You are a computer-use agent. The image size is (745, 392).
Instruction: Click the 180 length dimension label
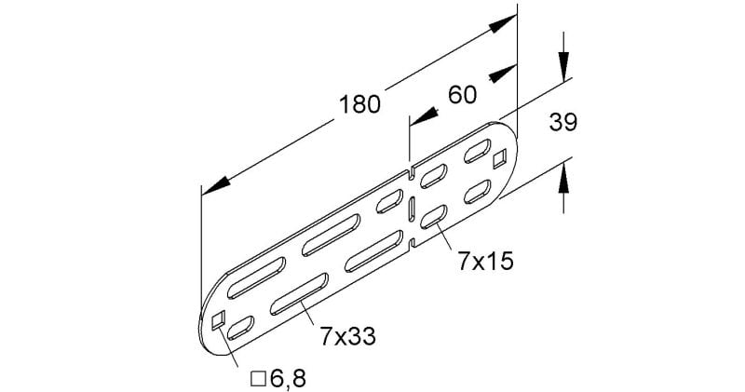pyautogui.click(x=359, y=104)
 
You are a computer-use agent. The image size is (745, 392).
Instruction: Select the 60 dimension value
pyautogui.click(x=462, y=95)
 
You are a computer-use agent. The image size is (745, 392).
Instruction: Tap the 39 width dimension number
pyautogui.click(x=563, y=122)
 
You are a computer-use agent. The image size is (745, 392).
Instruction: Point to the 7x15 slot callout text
pyautogui.click(x=485, y=262)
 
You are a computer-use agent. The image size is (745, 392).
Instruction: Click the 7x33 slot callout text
pyautogui.click(x=347, y=336)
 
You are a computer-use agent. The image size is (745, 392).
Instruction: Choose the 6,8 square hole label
pyautogui.click(x=288, y=379)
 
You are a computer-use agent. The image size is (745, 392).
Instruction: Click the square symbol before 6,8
pyautogui.click(x=258, y=379)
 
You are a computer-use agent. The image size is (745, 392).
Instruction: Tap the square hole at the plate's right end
pyautogui.click(x=500, y=159)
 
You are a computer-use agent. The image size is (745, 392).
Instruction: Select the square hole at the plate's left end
pyautogui.click(x=218, y=320)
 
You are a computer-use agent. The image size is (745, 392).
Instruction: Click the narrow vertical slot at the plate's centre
pyautogui.click(x=412, y=210)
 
